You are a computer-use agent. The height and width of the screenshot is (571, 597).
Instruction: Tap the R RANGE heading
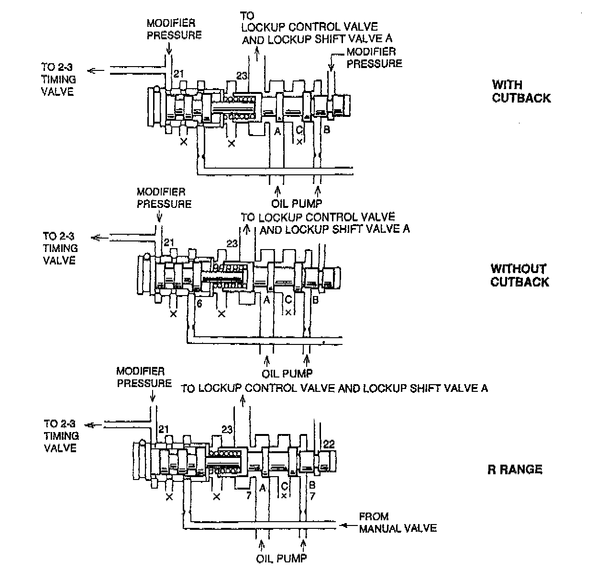pyautogui.click(x=515, y=469)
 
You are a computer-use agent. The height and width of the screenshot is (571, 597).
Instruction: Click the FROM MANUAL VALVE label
pyautogui.click(x=398, y=523)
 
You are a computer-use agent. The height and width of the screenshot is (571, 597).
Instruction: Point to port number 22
pyautogui.click(x=329, y=444)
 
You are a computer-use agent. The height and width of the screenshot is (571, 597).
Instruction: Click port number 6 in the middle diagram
pyautogui.click(x=199, y=303)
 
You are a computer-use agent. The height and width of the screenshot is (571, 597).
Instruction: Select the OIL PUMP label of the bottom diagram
pyautogui.click(x=281, y=558)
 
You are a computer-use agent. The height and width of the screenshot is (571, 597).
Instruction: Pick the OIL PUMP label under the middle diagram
pyautogui.click(x=287, y=373)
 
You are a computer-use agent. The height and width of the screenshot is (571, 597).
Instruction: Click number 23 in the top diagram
pyautogui.click(x=243, y=75)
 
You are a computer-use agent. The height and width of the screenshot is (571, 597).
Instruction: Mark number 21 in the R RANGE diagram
pyautogui.click(x=164, y=429)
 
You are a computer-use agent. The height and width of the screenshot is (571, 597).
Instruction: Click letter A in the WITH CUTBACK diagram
pyautogui.click(x=277, y=130)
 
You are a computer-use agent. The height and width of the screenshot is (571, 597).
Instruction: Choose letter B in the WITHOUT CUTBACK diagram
pyautogui.click(x=315, y=300)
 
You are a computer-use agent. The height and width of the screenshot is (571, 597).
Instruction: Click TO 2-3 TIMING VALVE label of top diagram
pyautogui.click(x=57, y=80)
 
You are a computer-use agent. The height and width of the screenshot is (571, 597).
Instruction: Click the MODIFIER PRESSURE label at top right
pyautogui.click(x=374, y=57)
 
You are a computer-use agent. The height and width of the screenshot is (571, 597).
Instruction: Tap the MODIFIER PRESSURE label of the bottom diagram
pyautogui.click(x=144, y=377)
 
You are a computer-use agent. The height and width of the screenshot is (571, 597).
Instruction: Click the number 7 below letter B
pyautogui.click(x=312, y=496)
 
